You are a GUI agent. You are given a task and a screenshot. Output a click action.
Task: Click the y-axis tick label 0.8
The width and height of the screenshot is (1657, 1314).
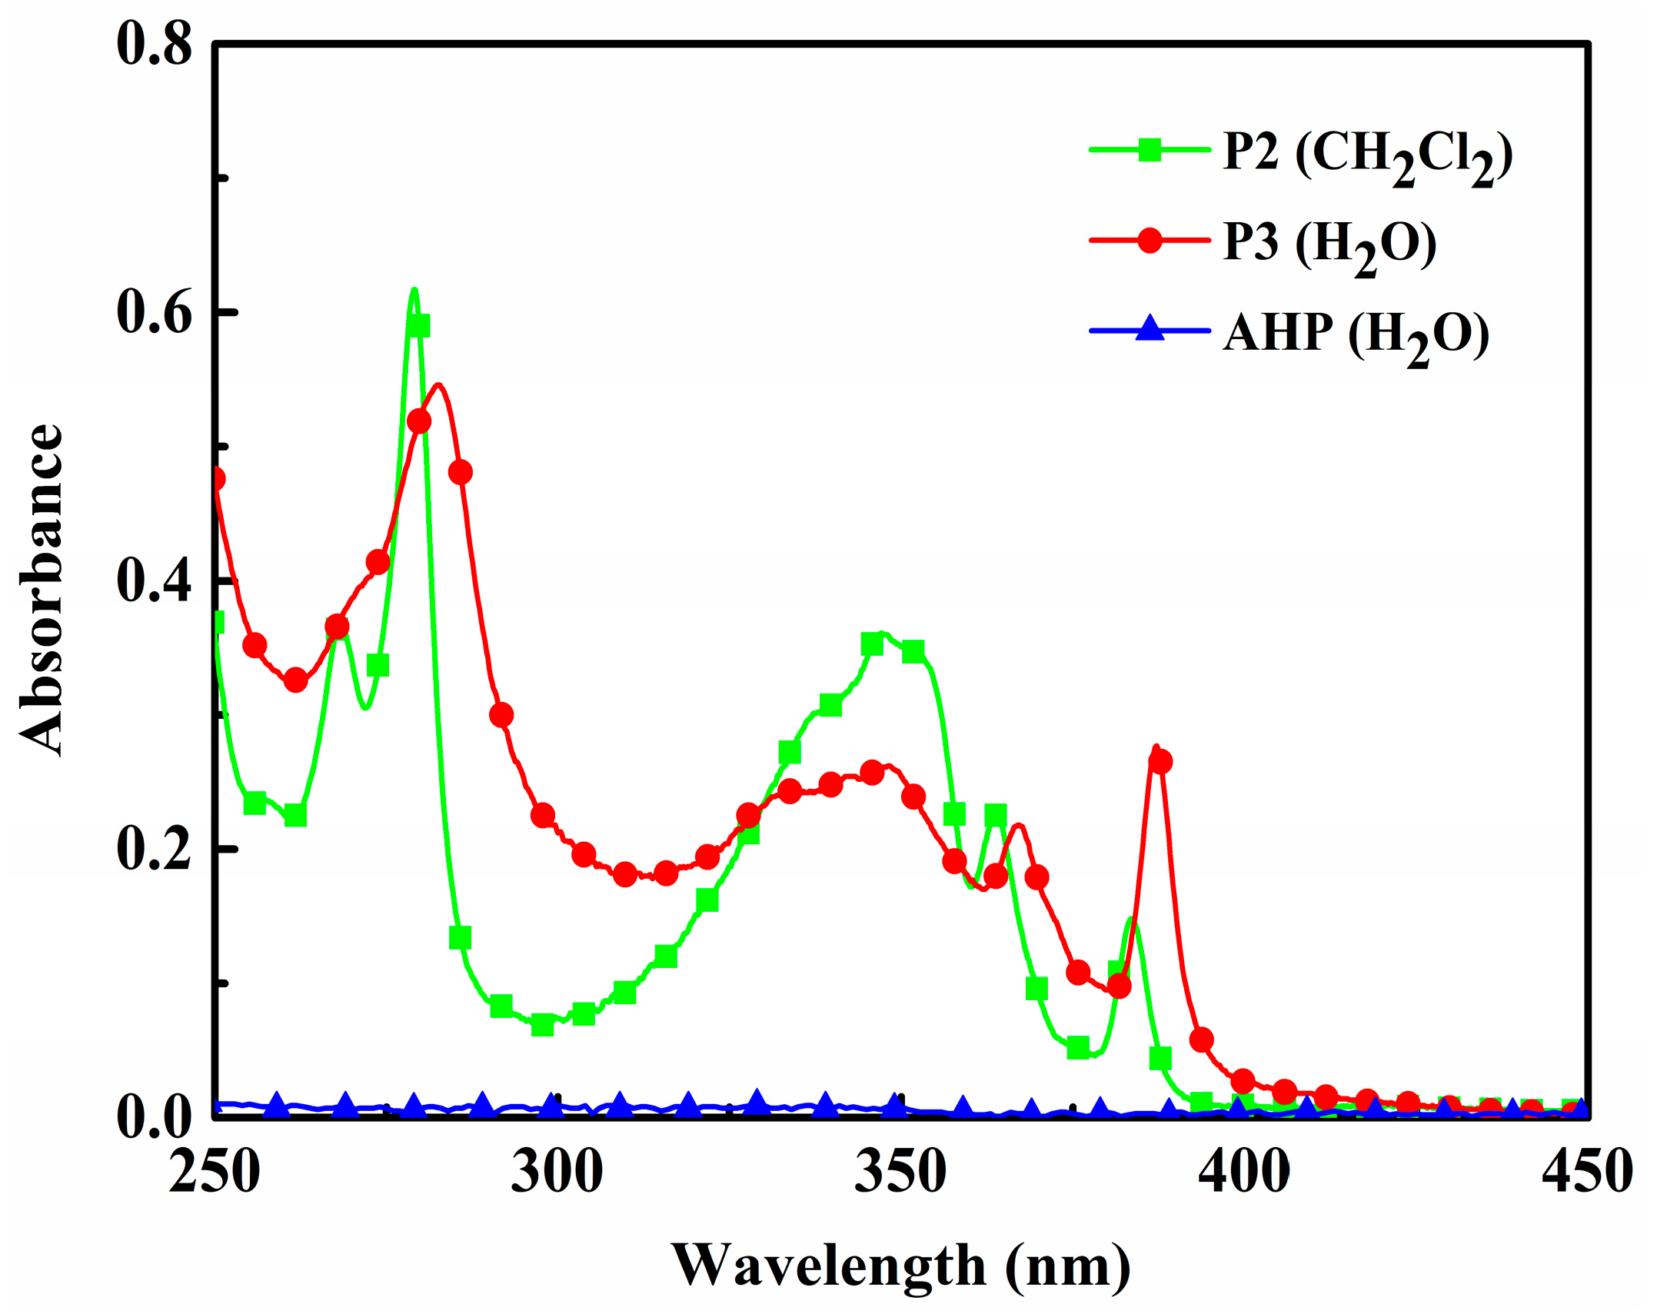click(x=154, y=45)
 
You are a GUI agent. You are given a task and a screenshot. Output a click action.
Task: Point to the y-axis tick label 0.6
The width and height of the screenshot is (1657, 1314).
click(x=154, y=313)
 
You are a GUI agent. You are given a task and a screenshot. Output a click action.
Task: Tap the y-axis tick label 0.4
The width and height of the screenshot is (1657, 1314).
click(x=154, y=581)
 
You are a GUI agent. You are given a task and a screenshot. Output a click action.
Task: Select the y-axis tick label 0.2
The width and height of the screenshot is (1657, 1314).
click(x=154, y=850)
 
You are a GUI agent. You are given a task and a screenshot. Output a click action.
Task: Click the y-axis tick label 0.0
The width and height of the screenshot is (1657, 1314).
click(x=154, y=1117)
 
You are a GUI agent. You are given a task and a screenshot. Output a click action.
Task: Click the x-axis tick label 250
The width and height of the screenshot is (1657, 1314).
click(x=215, y=1173)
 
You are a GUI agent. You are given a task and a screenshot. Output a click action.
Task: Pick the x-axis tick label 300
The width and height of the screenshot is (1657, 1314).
click(x=557, y=1173)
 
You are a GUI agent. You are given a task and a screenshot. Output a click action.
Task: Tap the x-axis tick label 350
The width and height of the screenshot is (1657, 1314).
click(x=900, y=1173)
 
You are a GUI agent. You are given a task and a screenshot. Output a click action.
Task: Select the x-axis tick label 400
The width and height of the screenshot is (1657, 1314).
click(x=1243, y=1173)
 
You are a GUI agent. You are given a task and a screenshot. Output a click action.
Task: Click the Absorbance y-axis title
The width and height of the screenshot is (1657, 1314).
click(x=42, y=590)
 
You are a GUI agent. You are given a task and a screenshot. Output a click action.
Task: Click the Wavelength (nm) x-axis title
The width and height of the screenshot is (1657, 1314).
click(x=901, y=1266)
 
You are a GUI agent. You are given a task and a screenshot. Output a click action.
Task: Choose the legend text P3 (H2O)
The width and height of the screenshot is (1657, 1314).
click(x=1329, y=245)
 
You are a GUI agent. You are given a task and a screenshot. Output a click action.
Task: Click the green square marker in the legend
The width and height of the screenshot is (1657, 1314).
click(x=1150, y=149)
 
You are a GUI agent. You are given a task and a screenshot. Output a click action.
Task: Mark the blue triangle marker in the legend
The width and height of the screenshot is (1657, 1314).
click(x=1150, y=329)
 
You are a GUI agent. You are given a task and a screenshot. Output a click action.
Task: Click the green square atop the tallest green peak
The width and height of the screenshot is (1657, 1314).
click(x=418, y=326)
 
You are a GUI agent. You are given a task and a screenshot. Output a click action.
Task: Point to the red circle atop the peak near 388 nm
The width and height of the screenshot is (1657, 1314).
click(x=1160, y=762)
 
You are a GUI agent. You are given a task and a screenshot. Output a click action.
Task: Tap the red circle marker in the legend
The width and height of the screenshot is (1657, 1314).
click(x=1150, y=240)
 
